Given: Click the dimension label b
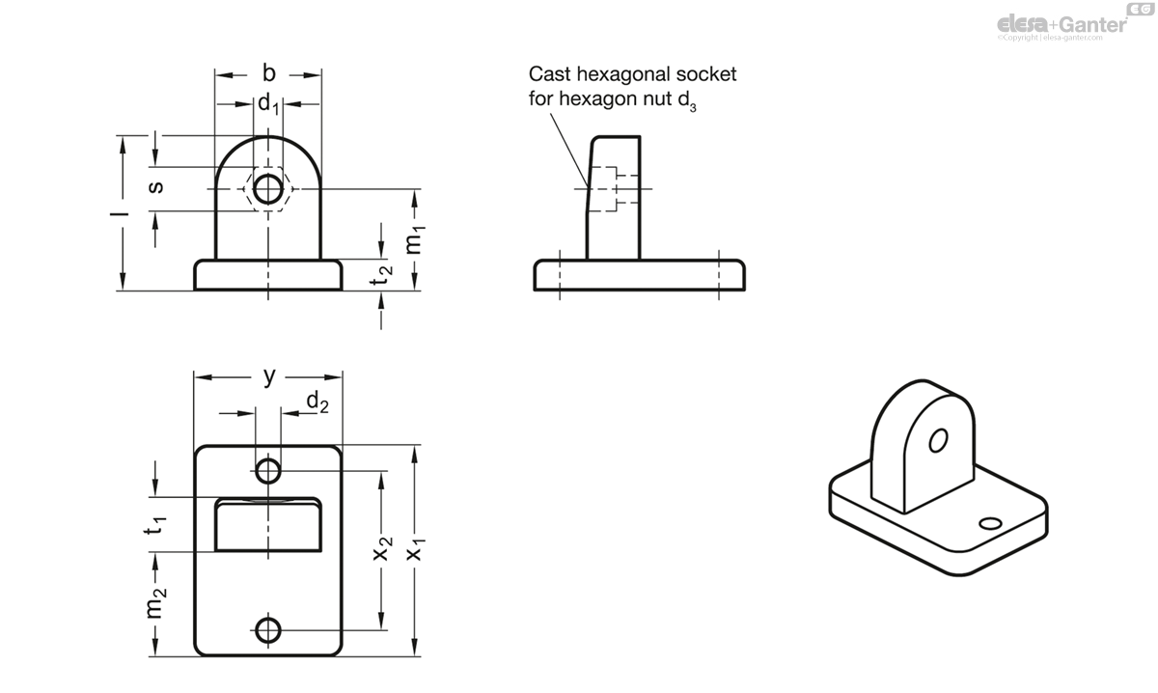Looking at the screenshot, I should coord(268,73).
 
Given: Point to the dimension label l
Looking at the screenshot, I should coord(124,212).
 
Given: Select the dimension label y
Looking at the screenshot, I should coord(269,376).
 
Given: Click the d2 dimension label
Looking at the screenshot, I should coord(317,402).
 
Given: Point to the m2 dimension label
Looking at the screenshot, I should coord(156,604).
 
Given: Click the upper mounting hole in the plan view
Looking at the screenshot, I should coord(268,471).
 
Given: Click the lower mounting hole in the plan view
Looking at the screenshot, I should coord(268,631).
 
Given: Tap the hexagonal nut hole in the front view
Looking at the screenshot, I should coord(268,187).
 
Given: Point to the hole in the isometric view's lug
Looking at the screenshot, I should coord(935,442).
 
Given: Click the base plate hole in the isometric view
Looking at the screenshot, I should coord(989,524).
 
